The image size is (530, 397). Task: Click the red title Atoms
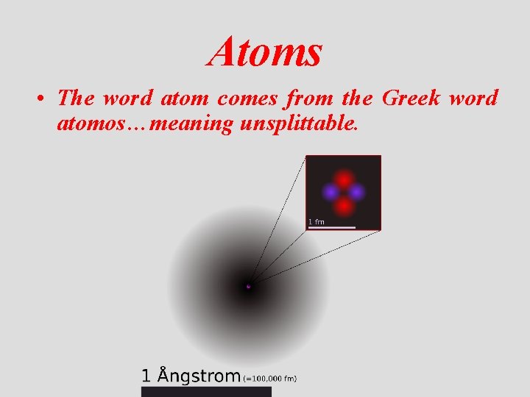(x=265, y=52)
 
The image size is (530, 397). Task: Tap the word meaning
(x=191, y=124)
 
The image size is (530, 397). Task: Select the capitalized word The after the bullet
(x=77, y=97)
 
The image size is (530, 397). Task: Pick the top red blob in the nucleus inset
(x=343, y=179)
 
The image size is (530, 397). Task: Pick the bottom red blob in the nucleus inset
(x=343, y=205)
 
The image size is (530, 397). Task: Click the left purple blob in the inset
(x=331, y=192)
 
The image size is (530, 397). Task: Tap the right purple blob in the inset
(x=356, y=192)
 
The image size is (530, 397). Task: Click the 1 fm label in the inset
(x=316, y=221)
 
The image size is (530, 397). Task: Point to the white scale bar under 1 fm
(x=331, y=227)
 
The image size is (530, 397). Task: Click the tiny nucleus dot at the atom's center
(x=248, y=286)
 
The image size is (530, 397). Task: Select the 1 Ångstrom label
(x=191, y=376)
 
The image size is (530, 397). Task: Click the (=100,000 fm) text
(x=269, y=379)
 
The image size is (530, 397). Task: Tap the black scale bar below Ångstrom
(x=206, y=392)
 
